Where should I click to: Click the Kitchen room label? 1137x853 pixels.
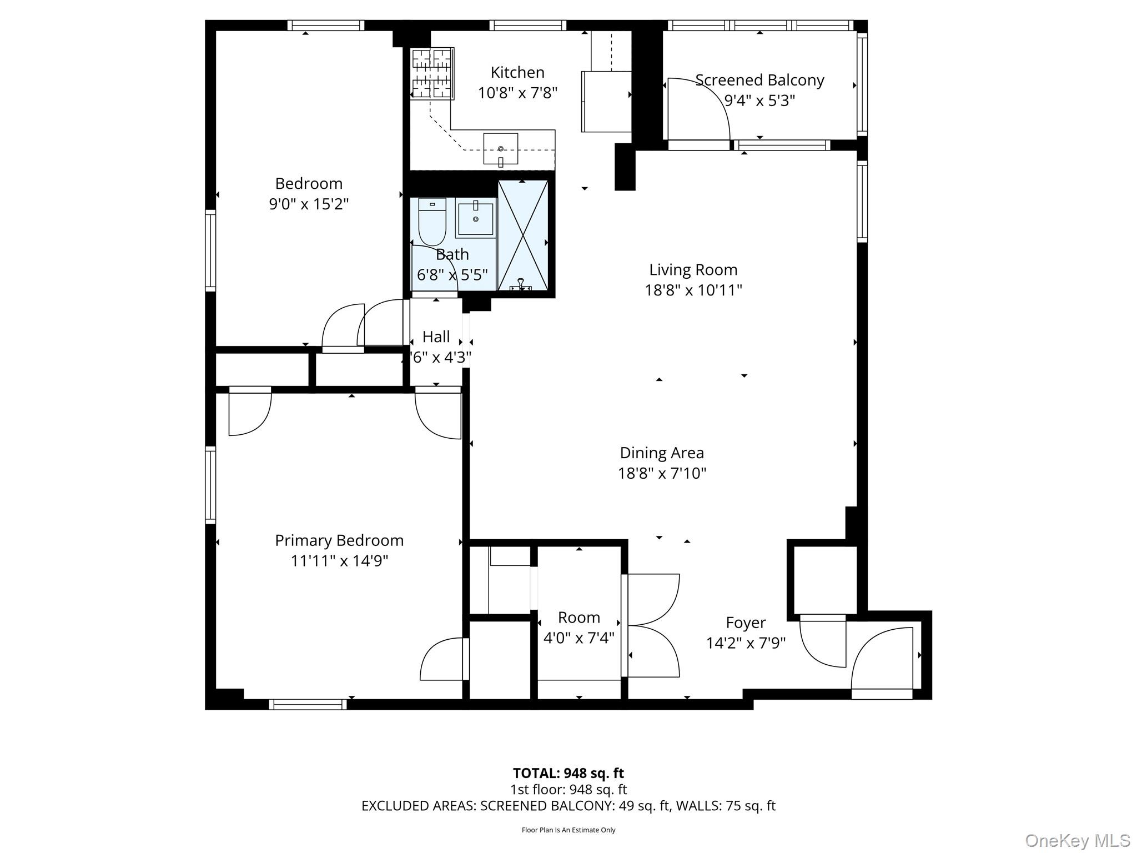517,73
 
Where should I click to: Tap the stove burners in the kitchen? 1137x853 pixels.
432,73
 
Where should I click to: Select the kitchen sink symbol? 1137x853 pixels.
500,149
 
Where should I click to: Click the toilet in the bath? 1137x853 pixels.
432,222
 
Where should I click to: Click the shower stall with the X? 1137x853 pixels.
523,235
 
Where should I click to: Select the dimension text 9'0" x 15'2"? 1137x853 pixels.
309,204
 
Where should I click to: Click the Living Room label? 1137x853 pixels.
693,270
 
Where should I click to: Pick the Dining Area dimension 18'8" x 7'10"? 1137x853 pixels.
662,473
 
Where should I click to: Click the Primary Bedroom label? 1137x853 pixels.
339,540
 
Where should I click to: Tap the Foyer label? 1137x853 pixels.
746,623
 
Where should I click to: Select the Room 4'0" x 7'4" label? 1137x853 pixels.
578,628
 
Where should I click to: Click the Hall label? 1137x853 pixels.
436,337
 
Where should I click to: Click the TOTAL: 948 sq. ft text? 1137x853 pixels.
568,773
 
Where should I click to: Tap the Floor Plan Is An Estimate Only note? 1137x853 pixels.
568,830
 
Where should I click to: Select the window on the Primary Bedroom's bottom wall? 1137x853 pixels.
308,704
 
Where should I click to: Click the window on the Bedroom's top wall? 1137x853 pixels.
326,26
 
